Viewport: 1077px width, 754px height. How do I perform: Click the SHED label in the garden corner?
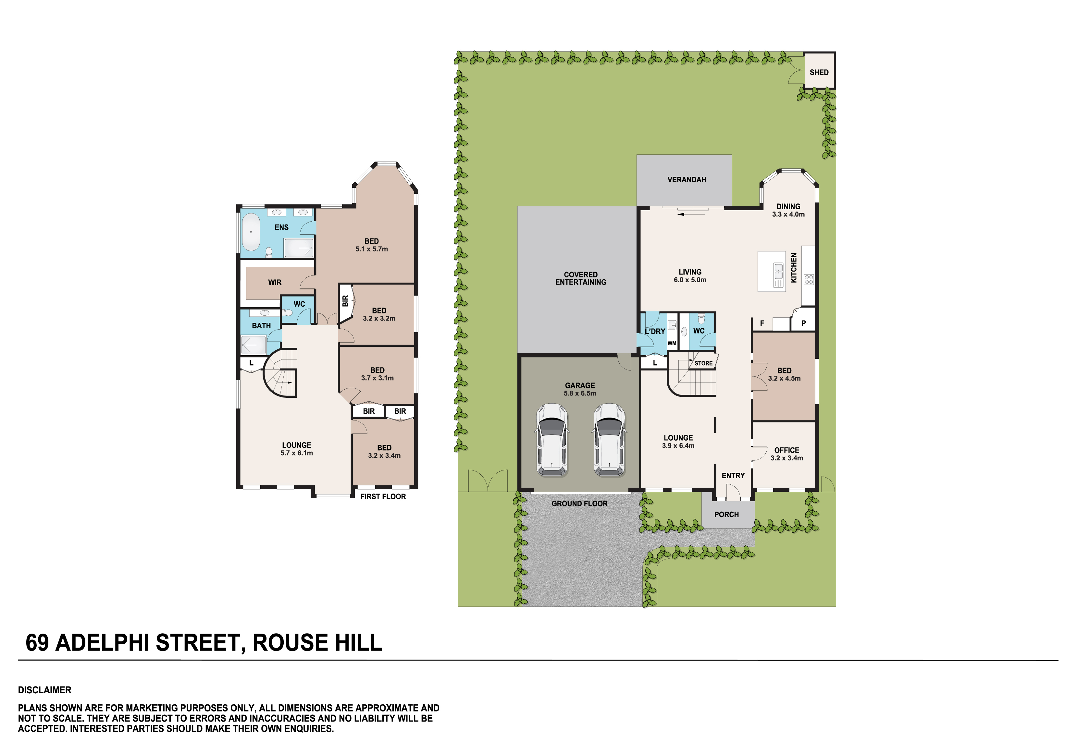(x=819, y=72)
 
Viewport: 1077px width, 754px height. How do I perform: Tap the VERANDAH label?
(x=687, y=180)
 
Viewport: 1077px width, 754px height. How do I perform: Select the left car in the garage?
(x=552, y=440)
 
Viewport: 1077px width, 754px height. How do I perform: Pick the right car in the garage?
(x=609, y=440)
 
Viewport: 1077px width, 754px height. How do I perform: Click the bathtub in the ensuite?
(x=251, y=232)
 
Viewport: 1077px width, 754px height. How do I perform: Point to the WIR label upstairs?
(x=275, y=282)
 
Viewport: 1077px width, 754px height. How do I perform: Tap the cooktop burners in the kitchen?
(x=809, y=279)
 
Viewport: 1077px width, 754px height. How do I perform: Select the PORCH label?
(x=726, y=514)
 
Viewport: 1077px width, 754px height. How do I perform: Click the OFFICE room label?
(x=786, y=450)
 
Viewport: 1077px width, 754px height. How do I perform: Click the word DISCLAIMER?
(x=44, y=690)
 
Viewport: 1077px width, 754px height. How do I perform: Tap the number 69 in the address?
(x=37, y=642)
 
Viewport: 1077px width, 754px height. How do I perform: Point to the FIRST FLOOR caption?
(x=383, y=497)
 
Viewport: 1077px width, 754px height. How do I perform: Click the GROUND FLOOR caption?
(x=579, y=504)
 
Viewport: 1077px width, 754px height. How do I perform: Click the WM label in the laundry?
(x=672, y=343)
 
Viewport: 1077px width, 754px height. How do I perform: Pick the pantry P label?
(x=803, y=323)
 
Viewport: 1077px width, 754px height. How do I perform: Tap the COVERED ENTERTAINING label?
(x=581, y=278)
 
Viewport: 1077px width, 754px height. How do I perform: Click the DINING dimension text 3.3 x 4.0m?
(x=788, y=214)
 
